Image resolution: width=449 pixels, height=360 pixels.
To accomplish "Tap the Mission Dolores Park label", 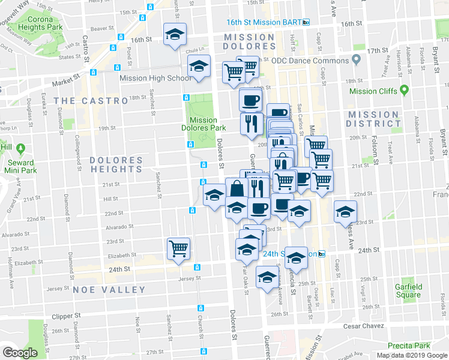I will click(203, 124).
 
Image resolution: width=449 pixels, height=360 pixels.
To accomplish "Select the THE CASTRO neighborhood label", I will click(90, 101).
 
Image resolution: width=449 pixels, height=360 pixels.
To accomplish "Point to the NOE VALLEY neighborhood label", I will click(109, 290).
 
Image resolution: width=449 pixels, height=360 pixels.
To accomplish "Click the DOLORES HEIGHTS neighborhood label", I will click(116, 165).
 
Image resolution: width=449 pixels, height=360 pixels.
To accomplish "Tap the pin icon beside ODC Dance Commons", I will click(356, 60).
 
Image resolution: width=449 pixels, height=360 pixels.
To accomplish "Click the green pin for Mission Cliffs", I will click(404, 90).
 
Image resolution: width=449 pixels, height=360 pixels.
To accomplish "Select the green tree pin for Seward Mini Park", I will click(22, 147).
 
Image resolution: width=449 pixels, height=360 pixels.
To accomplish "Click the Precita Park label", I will click(409, 346).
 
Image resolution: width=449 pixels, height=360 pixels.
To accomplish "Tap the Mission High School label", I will click(155, 78).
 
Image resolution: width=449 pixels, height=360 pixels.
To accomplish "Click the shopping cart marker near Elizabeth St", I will click(178, 247).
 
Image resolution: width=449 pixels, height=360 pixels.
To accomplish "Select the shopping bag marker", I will click(237, 188).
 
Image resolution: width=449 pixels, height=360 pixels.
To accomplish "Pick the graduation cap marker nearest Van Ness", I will click(345, 211).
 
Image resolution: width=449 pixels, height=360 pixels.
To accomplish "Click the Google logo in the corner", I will click(20, 353).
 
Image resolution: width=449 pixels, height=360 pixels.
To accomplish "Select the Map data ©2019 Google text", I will click(412, 355).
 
